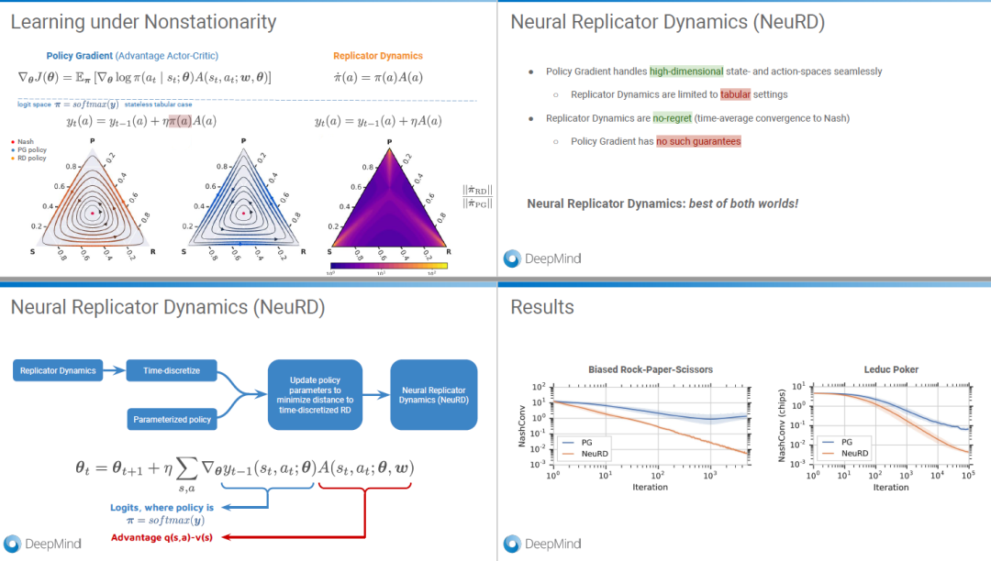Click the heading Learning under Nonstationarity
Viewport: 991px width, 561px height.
(x=143, y=21)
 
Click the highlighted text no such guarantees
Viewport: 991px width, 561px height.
(x=698, y=141)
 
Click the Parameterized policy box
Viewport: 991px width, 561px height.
(x=172, y=419)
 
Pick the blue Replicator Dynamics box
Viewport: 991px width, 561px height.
(x=58, y=370)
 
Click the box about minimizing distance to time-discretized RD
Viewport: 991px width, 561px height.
(x=314, y=395)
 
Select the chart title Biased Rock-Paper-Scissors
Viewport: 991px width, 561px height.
(x=650, y=369)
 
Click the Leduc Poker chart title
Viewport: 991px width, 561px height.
(x=892, y=369)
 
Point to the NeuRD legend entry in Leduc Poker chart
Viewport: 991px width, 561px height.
(x=851, y=453)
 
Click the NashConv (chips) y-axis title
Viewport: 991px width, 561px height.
(x=790, y=424)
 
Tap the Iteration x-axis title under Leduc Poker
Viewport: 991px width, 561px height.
(x=891, y=488)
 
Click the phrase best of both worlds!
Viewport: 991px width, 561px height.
(x=744, y=203)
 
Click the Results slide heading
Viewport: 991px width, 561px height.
(x=542, y=307)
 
